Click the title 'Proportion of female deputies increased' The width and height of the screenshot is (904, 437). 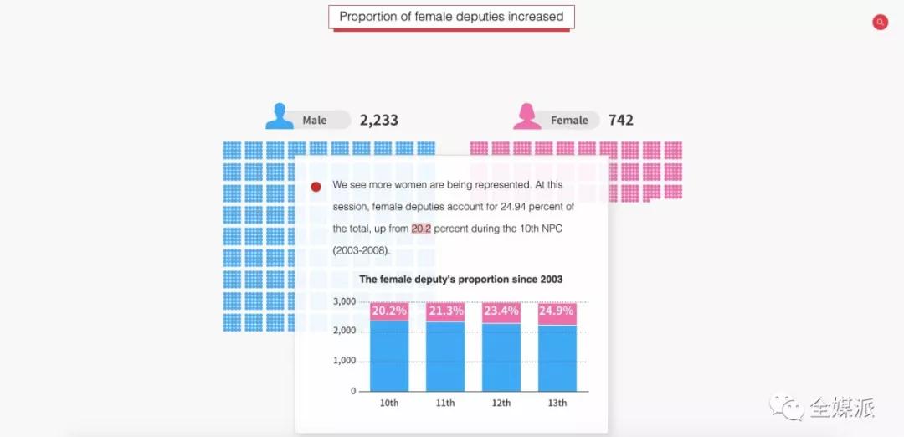tap(451, 17)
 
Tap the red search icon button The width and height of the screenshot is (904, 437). tap(880, 23)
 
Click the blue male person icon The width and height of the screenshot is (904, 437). tap(280, 116)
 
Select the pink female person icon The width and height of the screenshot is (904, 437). tap(527, 116)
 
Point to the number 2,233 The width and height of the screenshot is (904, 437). tap(379, 120)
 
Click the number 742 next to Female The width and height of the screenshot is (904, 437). tap(621, 120)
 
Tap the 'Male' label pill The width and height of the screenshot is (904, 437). tap(316, 120)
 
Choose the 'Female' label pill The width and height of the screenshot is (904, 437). tap(569, 120)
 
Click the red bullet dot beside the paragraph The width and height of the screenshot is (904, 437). tap(316, 187)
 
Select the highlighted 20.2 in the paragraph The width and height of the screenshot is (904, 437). tap(421, 229)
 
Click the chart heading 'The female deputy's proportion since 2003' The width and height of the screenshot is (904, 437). tap(460, 280)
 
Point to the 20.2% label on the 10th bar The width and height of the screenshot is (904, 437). tap(389, 311)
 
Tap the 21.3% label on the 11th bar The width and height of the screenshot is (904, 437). tap(445, 311)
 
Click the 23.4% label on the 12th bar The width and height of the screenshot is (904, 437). tap(501, 311)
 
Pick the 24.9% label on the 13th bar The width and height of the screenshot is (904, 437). tap(557, 311)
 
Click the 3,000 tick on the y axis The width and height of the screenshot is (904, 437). tap(345, 301)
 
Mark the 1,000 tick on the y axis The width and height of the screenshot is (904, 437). tap(345, 361)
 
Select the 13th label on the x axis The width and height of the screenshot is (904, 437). tap(557, 403)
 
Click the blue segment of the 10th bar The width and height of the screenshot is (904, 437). tap(389, 356)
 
